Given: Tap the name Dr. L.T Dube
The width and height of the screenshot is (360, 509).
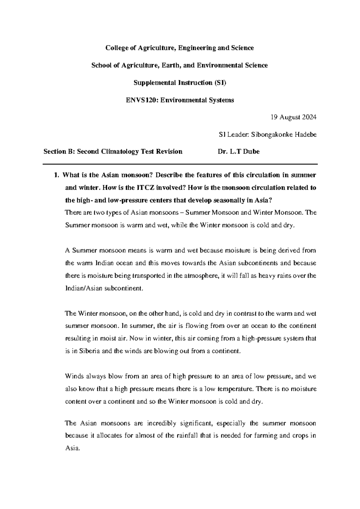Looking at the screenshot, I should point(238,152).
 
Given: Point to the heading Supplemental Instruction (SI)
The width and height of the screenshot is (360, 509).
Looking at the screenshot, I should point(180,83).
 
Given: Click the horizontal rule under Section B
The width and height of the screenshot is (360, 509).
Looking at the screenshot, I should point(180,164).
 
